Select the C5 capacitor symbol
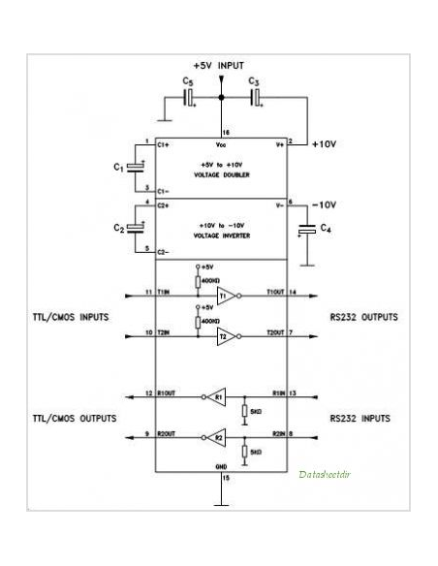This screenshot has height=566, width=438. tap(188, 98)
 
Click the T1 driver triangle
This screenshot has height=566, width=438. tap(225, 297)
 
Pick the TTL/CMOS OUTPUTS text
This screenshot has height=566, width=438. tap(75, 418)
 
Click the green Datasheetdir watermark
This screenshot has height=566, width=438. tap(323, 474)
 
